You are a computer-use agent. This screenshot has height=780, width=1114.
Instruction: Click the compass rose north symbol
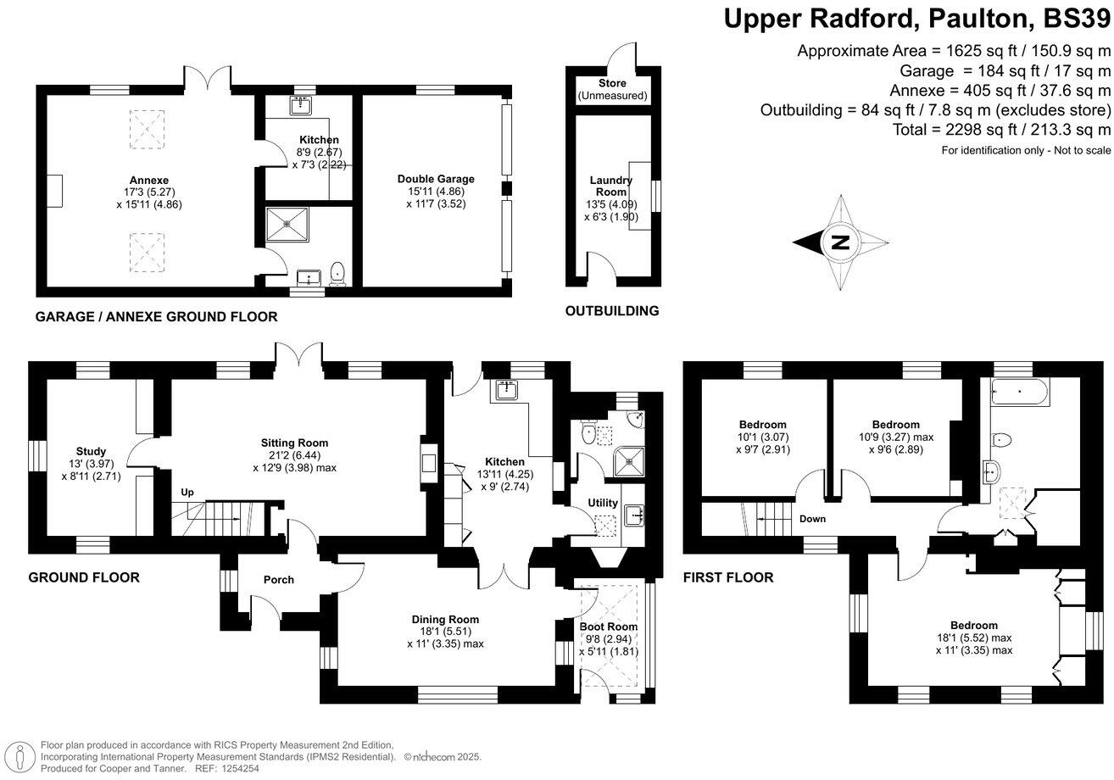coord(840,242)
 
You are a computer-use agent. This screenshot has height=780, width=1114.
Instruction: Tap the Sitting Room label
coord(294,443)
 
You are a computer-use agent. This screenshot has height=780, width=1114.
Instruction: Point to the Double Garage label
coord(436,179)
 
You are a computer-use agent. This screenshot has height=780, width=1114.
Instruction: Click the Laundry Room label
coord(610,187)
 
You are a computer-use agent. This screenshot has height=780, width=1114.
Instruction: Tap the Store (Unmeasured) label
coord(612,83)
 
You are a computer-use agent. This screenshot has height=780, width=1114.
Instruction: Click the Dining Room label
coord(445,619)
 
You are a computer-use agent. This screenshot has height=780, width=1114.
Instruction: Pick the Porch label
coord(279,580)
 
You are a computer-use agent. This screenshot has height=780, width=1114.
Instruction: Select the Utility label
coord(603,504)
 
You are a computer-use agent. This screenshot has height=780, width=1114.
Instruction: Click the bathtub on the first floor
coord(1018,393)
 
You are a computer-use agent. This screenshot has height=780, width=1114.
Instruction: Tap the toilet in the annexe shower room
coord(338,272)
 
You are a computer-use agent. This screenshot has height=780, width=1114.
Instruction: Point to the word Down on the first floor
coord(811,519)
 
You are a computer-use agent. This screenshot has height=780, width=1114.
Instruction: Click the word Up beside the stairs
coord(187,492)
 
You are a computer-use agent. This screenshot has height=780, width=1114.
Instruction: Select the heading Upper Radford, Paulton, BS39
coord(917,19)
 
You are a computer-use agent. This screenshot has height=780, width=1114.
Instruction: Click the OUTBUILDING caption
coord(612,311)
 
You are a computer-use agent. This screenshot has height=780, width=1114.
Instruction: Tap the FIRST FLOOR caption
coord(728,577)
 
